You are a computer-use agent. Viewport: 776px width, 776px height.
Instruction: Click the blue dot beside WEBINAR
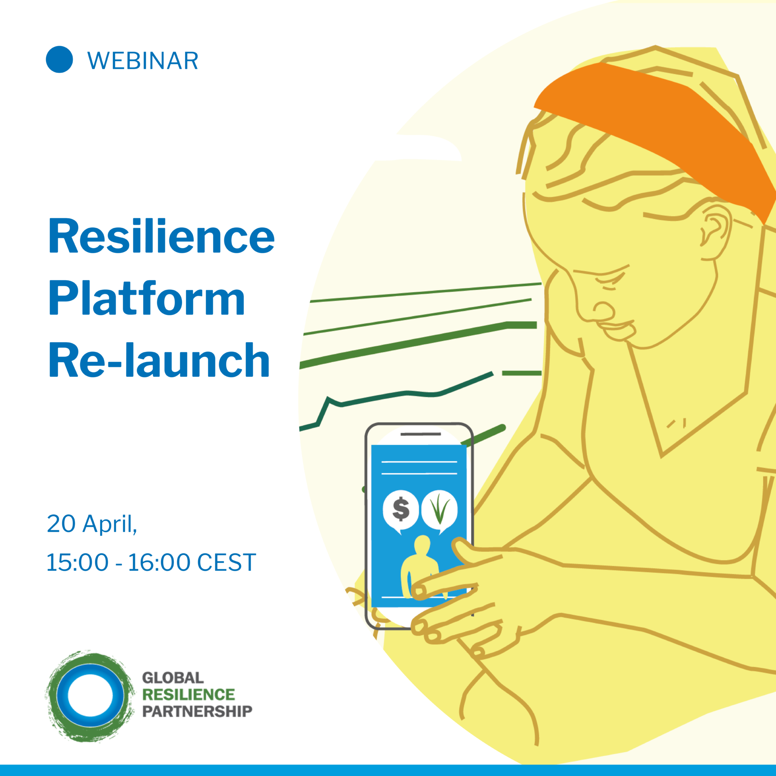click(59, 59)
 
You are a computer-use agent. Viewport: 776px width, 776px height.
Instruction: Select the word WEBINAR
click(143, 61)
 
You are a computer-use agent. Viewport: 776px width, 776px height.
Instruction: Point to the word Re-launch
click(159, 360)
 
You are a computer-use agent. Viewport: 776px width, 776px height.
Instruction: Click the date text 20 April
click(92, 524)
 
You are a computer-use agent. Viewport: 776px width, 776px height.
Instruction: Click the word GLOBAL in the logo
click(173, 678)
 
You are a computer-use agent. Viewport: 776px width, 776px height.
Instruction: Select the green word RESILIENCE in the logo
click(188, 695)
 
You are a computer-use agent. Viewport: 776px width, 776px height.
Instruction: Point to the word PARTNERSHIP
click(197, 711)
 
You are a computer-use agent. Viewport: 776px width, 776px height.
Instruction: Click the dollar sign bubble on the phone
click(401, 510)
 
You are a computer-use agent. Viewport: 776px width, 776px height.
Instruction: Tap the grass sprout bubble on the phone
click(440, 510)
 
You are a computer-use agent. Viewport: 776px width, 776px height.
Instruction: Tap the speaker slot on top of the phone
click(420, 434)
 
